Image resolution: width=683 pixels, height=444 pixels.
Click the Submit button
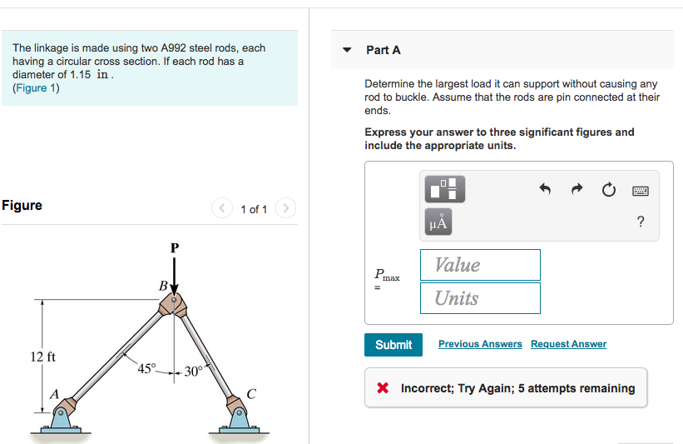point(393,345)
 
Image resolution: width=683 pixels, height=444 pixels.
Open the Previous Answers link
point(480,344)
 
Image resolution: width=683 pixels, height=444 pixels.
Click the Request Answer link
point(568,344)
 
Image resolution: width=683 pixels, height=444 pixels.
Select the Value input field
point(480,265)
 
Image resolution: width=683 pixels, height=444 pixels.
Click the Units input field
point(480,298)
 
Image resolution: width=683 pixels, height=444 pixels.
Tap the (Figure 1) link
point(36,88)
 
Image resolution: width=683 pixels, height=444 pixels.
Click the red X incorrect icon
point(383,388)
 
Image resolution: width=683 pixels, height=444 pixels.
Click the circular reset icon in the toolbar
point(609,191)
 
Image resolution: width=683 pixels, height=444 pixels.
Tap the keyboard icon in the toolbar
point(640,191)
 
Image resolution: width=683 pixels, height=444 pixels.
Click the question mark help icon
point(640,222)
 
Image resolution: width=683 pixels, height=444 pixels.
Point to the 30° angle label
point(192,372)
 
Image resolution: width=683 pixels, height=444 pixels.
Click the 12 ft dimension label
point(43,357)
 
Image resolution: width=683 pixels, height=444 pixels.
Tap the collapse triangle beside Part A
point(348,50)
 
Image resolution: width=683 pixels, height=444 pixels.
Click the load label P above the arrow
point(174,247)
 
